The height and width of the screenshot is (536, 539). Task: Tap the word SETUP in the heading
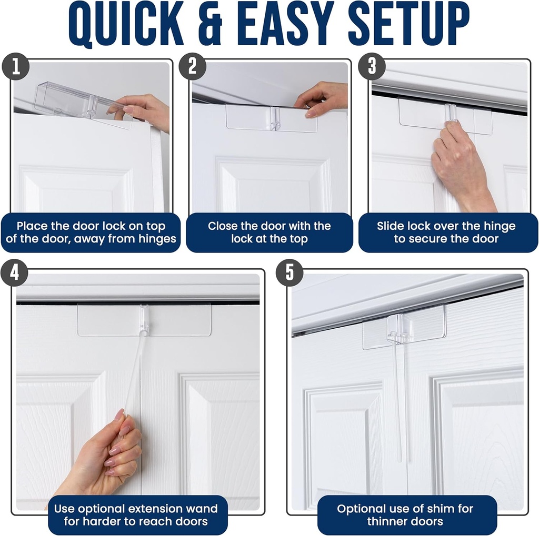(x=408, y=25)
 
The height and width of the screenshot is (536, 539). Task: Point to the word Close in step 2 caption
(x=222, y=226)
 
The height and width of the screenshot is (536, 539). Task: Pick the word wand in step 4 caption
(x=203, y=509)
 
